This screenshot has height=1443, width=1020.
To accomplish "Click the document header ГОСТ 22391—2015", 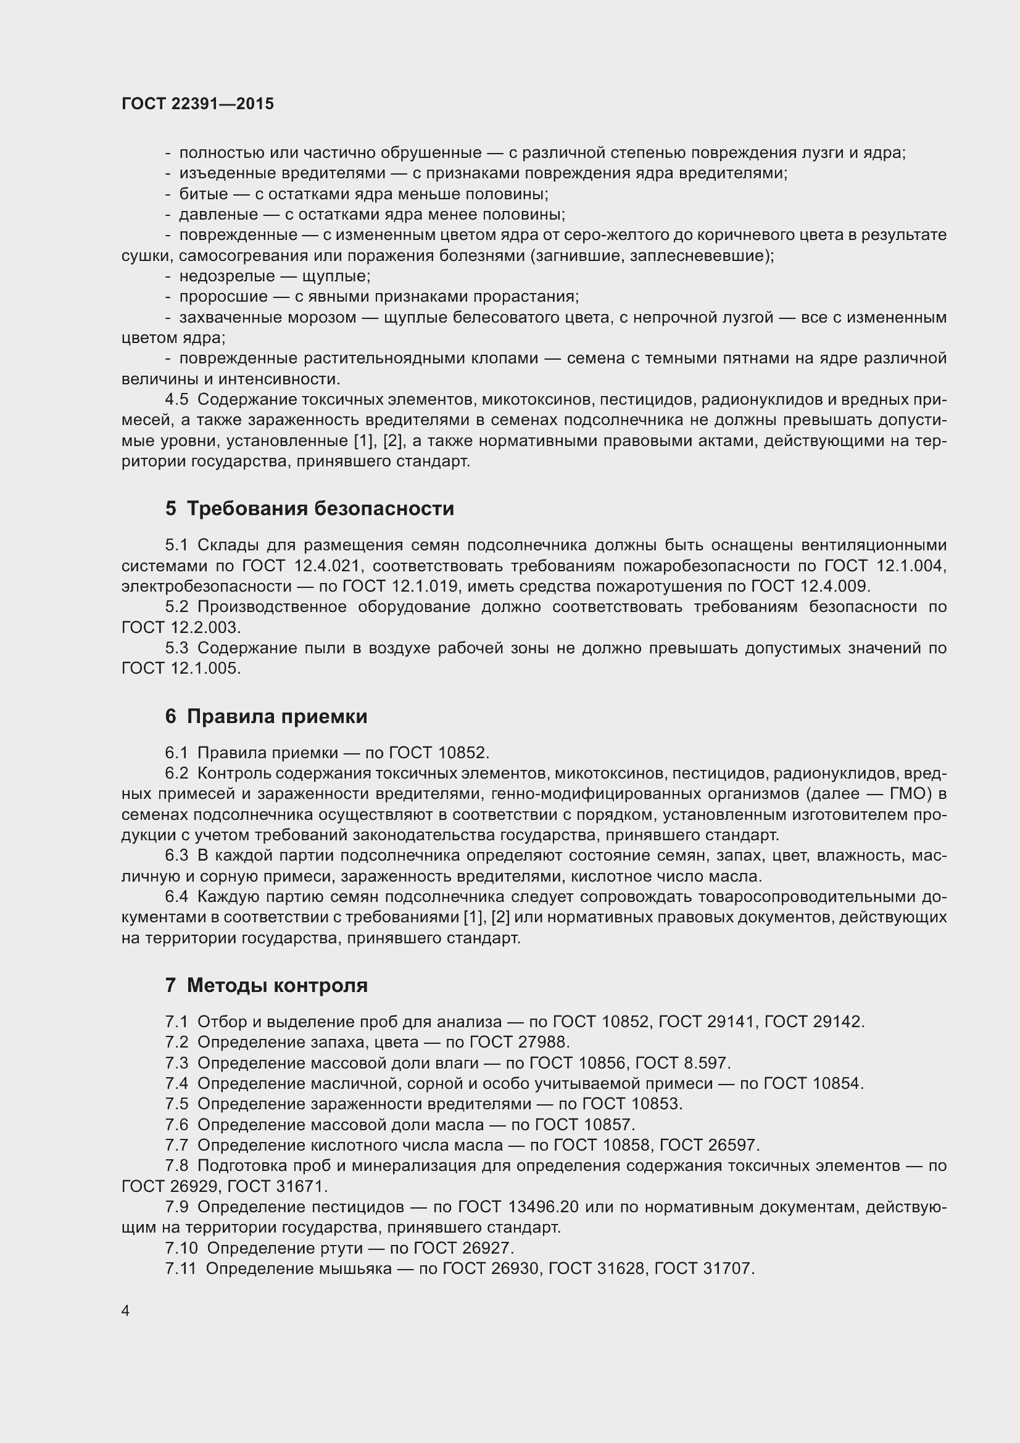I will pyautogui.click(x=197, y=104).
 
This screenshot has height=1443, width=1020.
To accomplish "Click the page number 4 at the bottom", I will pyautogui.click(x=125, y=1310).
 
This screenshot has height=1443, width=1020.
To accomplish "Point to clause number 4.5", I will pyautogui.click(x=176, y=400).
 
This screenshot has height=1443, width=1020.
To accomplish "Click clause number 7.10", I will pyautogui.click(x=181, y=1247).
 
